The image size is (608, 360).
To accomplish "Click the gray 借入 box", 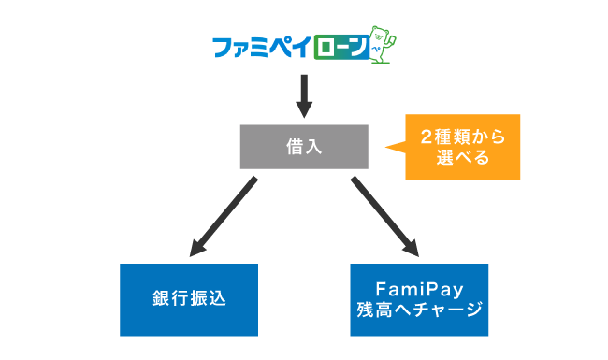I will click(303, 146).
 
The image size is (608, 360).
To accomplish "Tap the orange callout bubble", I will click(462, 146).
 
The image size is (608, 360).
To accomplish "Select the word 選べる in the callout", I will click(462, 157).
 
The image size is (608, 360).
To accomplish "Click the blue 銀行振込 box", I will click(189, 299).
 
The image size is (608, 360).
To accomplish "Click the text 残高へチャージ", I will click(419, 310).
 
